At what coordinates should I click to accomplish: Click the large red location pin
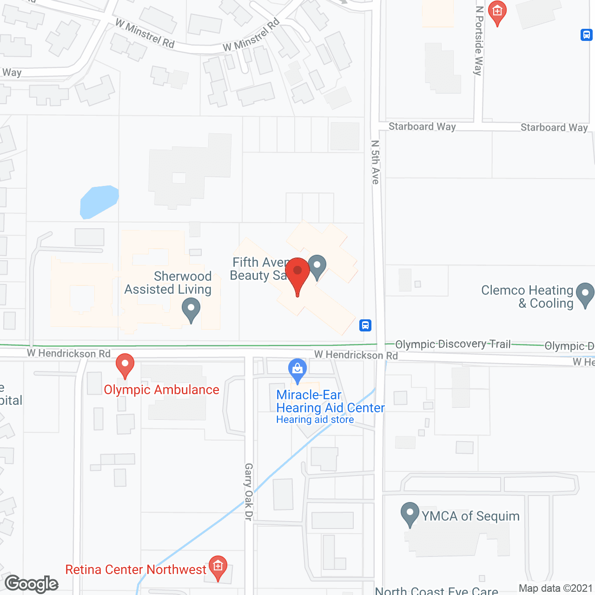(x=297, y=274)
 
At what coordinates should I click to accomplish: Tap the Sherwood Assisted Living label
(x=168, y=283)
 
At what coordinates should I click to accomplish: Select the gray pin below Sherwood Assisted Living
(x=191, y=310)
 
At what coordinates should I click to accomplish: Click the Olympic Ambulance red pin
(x=125, y=365)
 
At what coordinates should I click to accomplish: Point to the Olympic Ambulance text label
(x=161, y=390)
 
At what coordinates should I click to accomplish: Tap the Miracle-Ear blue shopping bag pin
(x=297, y=370)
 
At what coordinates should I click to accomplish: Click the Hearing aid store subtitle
(x=315, y=420)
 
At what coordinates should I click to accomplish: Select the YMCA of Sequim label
(x=470, y=516)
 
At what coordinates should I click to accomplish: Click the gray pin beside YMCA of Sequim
(x=410, y=514)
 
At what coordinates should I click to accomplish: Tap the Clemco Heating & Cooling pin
(x=585, y=295)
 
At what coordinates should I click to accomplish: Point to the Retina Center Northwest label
(x=135, y=569)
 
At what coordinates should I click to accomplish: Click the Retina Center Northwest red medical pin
(x=218, y=566)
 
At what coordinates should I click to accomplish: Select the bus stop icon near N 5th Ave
(x=365, y=325)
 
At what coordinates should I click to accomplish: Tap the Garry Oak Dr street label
(x=249, y=491)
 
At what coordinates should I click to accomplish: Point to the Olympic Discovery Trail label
(x=453, y=344)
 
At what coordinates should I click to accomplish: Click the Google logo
(x=32, y=584)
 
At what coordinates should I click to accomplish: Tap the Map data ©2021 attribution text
(x=555, y=588)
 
